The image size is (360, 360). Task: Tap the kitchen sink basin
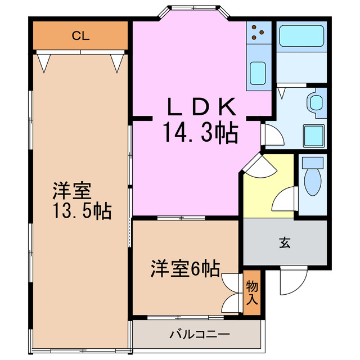tap(259, 73)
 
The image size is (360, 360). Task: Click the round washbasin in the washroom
tap(316, 103)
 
